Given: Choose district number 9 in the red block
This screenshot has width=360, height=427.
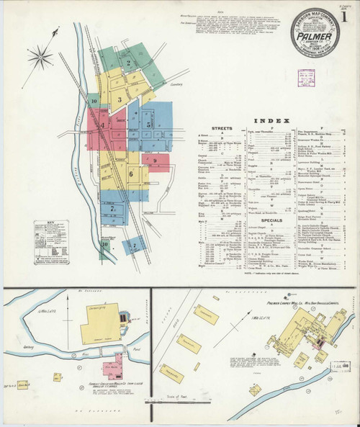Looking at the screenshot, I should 153,160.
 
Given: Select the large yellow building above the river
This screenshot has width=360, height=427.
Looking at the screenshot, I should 99,323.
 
